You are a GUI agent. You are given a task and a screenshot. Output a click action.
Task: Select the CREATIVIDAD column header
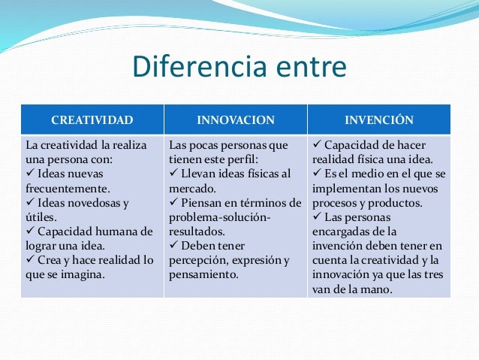point(92,119)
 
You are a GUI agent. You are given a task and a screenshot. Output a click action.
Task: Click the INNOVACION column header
point(236,119)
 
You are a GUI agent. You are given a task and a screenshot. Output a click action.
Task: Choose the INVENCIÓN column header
point(379,119)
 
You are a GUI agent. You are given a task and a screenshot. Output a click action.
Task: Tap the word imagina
point(83,274)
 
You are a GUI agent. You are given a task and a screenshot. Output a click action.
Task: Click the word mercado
point(193,188)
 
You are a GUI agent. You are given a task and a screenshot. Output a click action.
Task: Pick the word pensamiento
point(203,274)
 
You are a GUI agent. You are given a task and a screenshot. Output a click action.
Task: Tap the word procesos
point(335,202)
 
